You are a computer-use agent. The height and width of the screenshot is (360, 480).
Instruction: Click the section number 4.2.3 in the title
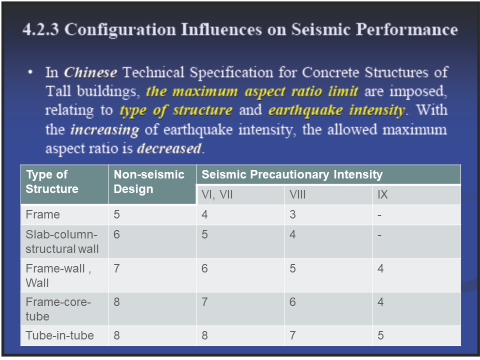[40, 29]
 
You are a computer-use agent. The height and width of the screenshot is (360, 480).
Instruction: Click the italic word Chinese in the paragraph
[90, 72]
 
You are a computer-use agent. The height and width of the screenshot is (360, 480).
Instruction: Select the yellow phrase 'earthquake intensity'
[336, 110]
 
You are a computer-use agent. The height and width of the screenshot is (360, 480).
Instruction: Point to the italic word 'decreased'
[169, 148]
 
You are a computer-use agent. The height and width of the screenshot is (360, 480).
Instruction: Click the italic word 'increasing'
[104, 130]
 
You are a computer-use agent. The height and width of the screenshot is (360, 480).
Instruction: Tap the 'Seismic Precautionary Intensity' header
[292, 174]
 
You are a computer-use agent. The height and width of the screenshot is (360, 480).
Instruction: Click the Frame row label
[42, 214]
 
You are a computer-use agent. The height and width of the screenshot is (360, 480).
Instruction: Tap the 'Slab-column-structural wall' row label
[62, 241]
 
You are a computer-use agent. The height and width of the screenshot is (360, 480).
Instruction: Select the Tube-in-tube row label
[59, 335]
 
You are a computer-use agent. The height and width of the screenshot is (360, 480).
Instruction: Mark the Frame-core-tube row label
[58, 309]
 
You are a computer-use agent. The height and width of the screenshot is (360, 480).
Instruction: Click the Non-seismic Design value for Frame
[116, 214]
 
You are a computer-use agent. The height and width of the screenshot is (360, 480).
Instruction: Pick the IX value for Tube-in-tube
[380, 335]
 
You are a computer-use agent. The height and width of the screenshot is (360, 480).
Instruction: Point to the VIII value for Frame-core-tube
[292, 302]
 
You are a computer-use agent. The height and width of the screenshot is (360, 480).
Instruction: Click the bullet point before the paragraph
[30, 72]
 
